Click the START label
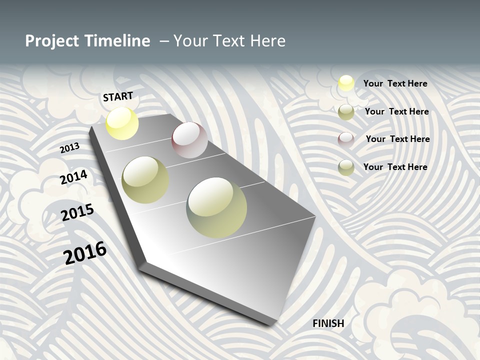pyautogui.click(x=118, y=96)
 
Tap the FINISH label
pyautogui.click(x=328, y=323)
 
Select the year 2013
pyautogui.click(x=69, y=148)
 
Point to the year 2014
pyautogui.click(x=74, y=177)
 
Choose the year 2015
pyautogui.click(x=77, y=212)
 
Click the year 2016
pyautogui.click(x=85, y=253)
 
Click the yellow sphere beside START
pyautogui.click(x=122, y=123)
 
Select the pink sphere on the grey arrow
pyautogui.click(x=189, y=140)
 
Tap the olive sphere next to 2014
pyautogui.click(x=145, y=180)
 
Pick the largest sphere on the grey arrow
pyautogui.click(x=216, y=207)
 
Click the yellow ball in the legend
pyautogui.click(x=346, y=83)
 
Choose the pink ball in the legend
pyautogui.click(x=346, y=139)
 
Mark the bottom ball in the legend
pyautogui.click(x=346, y=167)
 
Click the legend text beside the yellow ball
pyautogui.click(x=395, y=83)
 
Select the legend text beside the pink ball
pyautogui.click(x=397, y=139)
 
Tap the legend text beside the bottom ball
pyautogui.click(x=395, y=167)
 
